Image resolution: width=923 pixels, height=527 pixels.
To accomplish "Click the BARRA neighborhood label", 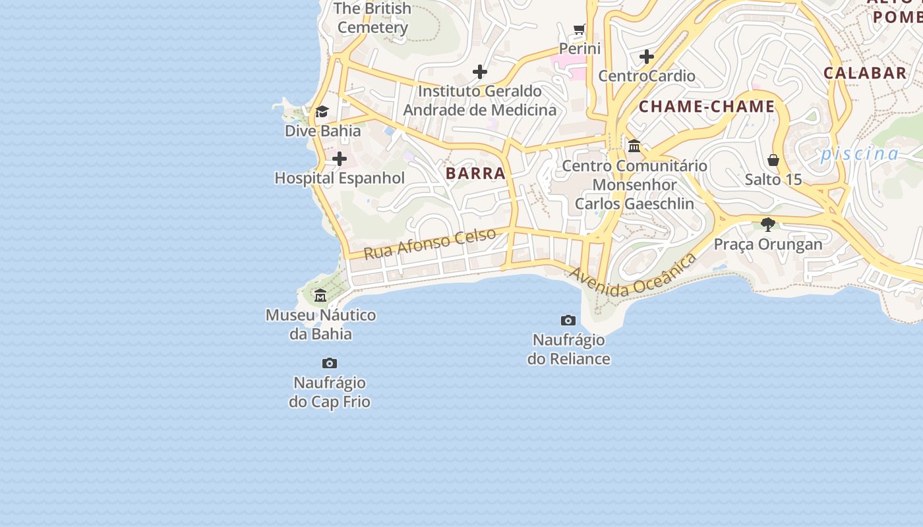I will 475,173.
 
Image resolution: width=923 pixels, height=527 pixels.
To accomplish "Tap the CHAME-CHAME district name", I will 707,107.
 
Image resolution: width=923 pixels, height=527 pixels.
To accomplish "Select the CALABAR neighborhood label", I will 865,73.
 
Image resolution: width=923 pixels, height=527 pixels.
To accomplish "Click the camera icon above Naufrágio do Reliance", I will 568,321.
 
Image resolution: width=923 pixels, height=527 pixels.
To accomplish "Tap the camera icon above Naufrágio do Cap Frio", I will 330,363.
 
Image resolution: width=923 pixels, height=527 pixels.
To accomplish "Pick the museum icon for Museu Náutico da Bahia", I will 320,295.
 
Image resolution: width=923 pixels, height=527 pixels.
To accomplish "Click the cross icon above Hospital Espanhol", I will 340,159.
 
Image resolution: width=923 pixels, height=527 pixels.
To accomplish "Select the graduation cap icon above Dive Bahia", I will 322,112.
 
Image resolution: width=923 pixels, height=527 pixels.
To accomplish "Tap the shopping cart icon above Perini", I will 580,30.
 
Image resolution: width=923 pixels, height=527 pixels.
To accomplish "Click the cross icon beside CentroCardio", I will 646,57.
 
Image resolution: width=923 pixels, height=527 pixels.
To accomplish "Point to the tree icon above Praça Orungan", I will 767,225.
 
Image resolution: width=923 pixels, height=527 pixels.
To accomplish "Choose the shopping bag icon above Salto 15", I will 773,160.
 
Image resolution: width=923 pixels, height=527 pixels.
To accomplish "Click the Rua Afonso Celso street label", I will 430,243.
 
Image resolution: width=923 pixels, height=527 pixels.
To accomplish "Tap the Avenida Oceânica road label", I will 633,276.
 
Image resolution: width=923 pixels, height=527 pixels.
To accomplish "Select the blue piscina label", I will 860,154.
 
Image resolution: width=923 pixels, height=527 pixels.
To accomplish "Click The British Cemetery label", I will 372,18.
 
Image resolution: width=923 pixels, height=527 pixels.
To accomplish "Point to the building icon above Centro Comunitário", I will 634,146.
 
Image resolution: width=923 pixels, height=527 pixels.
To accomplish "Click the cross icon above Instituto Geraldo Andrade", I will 480,72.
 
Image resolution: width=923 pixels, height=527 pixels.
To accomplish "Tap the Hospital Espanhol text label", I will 340,178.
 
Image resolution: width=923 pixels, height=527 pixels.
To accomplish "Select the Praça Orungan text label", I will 768,244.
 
